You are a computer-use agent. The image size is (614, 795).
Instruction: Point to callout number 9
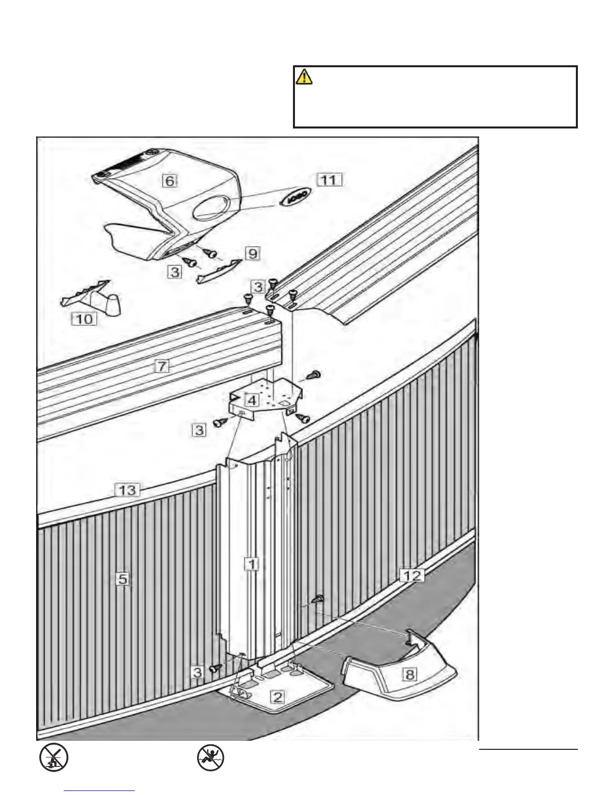pos(252,253)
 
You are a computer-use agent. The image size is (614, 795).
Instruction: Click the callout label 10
pos(84,318)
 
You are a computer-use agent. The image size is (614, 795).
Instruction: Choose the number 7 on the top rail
pos(162,366)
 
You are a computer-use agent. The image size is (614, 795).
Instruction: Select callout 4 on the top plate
pos(252,401)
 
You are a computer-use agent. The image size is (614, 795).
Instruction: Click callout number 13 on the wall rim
pos(127,489)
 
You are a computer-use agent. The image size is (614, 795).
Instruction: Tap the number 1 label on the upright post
pos(252,564)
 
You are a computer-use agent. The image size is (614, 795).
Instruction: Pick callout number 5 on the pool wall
pos(123,579)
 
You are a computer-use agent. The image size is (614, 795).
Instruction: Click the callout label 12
pos(412,575)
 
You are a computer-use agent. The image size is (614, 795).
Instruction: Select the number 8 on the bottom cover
pos(410,674)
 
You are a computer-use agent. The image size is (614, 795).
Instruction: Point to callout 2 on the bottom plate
pos(278,696)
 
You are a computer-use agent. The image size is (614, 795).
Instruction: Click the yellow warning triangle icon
pos(304,77)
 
